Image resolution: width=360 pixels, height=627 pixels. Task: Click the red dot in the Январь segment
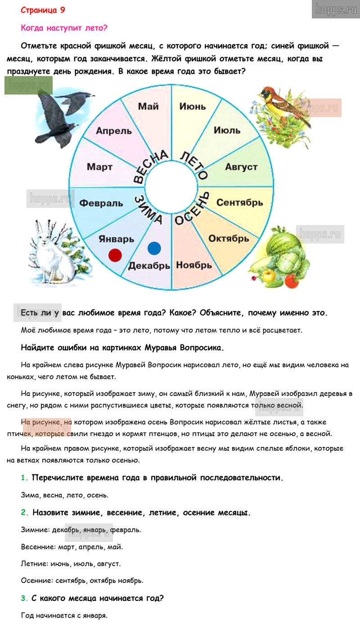click(115, 255)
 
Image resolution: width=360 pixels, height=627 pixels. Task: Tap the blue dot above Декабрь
click(154, 248)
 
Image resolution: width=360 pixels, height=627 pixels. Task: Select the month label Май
click(148, 107)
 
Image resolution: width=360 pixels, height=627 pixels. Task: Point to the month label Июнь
click(192, 107)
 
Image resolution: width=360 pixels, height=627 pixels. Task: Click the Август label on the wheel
click(241, 167)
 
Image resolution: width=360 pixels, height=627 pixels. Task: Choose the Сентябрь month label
click(239, 203)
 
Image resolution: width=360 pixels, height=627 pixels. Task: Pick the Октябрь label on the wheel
click(229, 238)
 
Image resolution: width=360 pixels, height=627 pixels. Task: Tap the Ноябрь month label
click(194, 265)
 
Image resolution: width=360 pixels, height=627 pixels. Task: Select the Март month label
click(99, 167)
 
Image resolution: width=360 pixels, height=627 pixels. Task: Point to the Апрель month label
click(114, 131)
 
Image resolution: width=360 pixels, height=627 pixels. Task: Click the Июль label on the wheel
click(227, 131)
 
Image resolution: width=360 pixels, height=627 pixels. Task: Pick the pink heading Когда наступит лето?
click(64, 28)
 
